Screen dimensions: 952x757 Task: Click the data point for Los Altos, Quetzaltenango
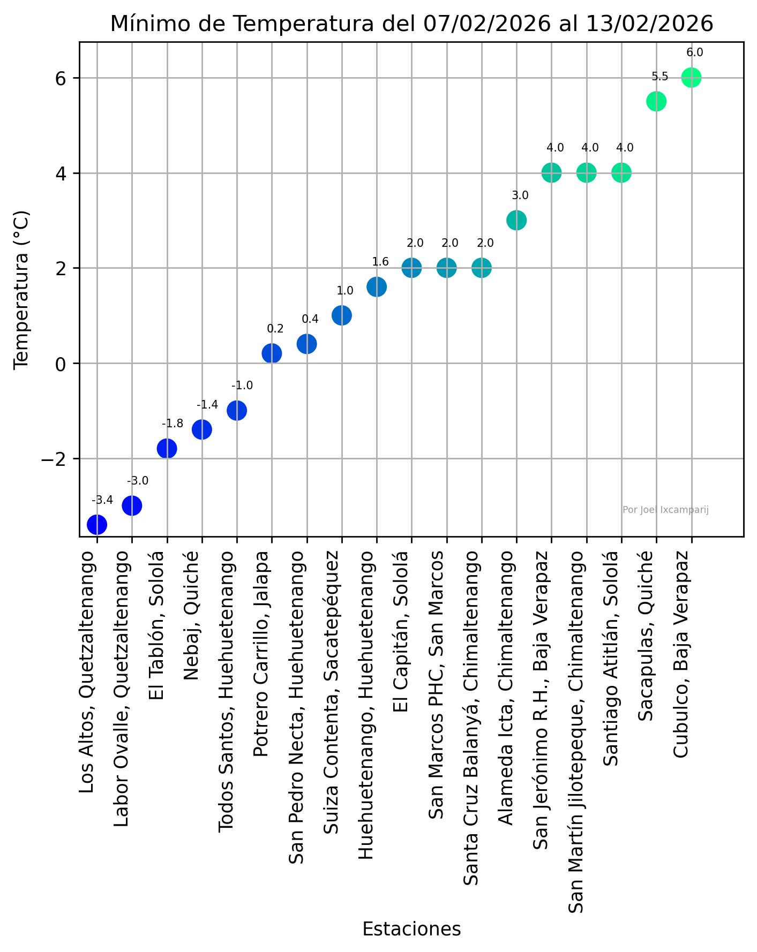coord(97,524)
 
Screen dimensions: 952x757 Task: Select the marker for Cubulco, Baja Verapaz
coord(691,78)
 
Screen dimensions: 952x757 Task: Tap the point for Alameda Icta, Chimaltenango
coord(516,220)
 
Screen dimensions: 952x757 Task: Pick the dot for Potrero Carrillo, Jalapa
coord(272,353)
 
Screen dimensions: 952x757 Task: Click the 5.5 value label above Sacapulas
coord(660,77)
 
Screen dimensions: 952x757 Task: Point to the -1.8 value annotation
coord(173,424)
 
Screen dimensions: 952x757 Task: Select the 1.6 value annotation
coord(380,262)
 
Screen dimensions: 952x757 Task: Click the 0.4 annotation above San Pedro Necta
coord(310,319)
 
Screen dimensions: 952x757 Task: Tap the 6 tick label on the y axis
coord(60,78)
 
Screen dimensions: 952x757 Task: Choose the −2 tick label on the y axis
coord(54,459)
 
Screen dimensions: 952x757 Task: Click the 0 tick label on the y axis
coord(60,364)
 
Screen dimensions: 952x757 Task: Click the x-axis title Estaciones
coord(411,929)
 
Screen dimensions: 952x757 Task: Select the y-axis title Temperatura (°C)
coord(21,289)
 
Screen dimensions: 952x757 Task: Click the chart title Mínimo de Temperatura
coord(411,24)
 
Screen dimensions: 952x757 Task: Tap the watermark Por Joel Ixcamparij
coord(665,510)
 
